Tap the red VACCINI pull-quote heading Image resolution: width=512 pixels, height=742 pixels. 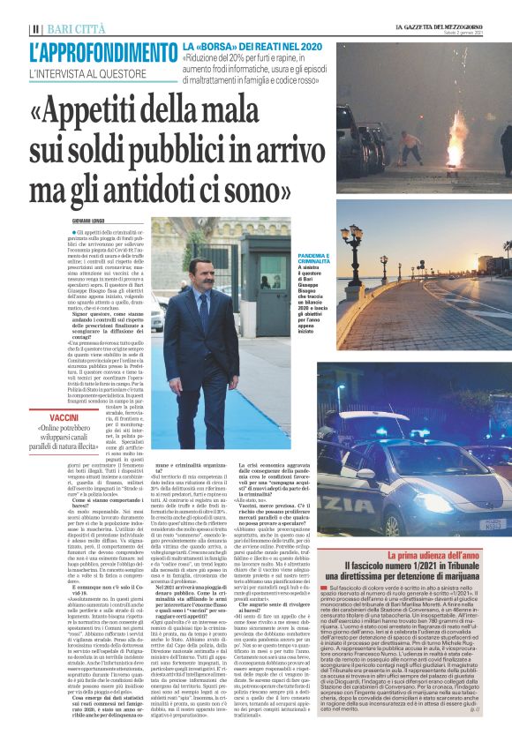pos(65,416)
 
